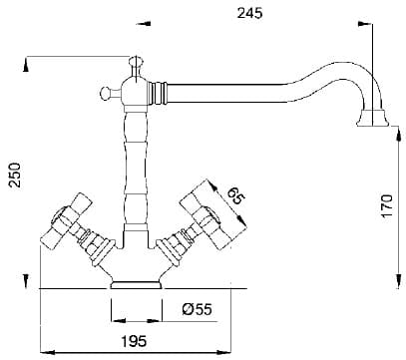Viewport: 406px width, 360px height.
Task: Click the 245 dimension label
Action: pyautogui.click(x=249, y=13)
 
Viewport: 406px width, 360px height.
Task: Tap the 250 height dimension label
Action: pyautogui.click(x=15, y=175)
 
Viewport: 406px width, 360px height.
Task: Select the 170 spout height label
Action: pyautogui.click(x=387, y=205)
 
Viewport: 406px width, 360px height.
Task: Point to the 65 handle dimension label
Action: pyautogui.click(x=236, y=196)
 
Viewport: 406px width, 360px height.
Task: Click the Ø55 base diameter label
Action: pyautogui.click(x=197, y=309)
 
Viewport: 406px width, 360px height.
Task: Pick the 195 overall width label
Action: pyautogui.click(x=134, y=341)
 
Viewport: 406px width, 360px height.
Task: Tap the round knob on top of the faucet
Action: pyautogui.click(x=136, y=61)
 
